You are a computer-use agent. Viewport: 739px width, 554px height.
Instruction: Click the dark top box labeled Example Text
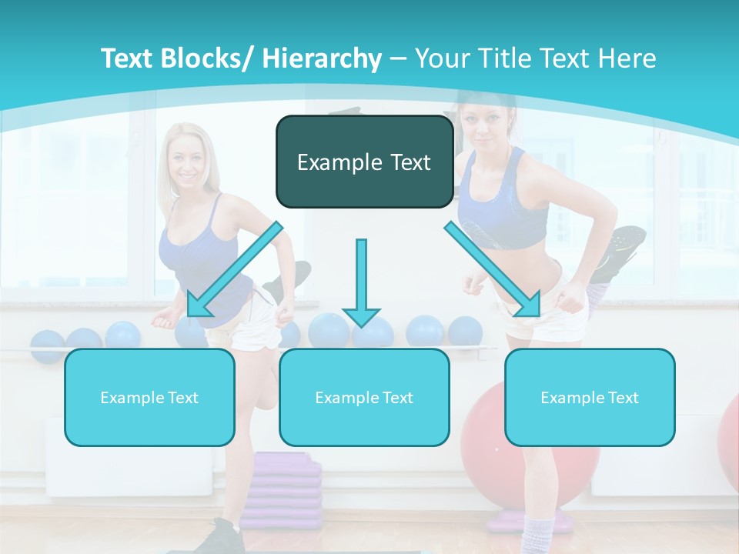click(x=363, y=162)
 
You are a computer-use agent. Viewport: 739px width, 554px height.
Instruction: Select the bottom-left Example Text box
click(x=149, y=397)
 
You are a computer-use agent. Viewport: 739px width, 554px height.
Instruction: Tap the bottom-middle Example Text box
click(x=363, y=397)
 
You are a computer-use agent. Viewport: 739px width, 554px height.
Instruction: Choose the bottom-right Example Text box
click(x=590, y=397)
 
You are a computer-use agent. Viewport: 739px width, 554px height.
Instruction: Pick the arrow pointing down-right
click(x=493, y=269)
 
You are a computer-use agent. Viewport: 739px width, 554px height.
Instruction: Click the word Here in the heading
click(x=626, y=58)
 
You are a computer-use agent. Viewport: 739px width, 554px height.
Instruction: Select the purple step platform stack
click(x=286, y=485)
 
